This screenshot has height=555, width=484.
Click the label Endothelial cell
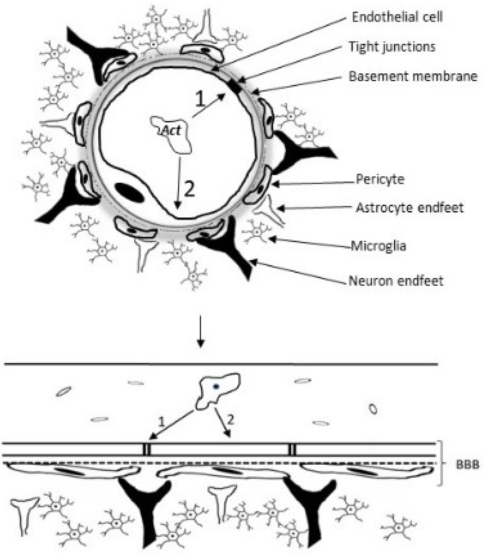[397, 17]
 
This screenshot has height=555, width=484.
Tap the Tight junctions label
[392, 47]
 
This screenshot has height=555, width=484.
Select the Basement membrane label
[413, 77]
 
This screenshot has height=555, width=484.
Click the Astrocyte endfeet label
[409, 208]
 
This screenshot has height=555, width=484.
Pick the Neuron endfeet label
[396, 281]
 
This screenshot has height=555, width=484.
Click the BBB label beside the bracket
[467, 465]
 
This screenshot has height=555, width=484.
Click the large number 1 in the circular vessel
[200, 99]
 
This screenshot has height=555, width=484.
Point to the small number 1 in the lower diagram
[161, 422]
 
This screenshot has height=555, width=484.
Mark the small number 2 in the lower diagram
[230, 420]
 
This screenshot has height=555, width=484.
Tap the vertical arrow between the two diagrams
[200, 331]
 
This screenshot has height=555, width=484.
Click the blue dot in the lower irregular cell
[216, 387]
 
